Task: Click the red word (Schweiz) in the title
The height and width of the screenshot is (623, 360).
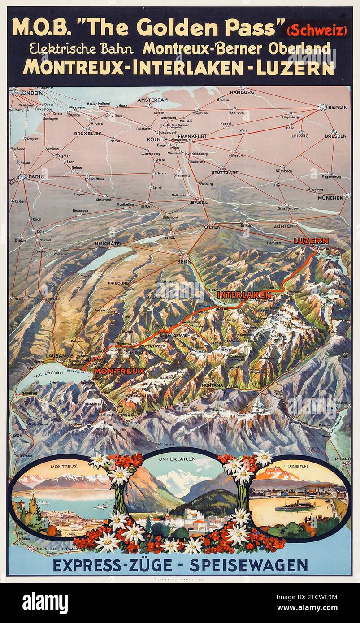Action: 317,31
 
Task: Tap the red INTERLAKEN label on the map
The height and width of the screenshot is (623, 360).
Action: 244,295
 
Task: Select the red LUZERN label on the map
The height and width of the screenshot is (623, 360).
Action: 311,241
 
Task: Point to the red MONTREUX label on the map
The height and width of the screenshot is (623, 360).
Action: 120,371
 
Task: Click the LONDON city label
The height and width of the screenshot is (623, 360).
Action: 31,93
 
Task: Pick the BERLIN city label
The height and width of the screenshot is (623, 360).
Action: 338,107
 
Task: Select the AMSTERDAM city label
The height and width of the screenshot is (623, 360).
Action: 152,100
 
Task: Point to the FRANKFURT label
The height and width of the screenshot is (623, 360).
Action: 192,136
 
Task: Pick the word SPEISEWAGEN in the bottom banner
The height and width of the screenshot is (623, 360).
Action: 248,565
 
